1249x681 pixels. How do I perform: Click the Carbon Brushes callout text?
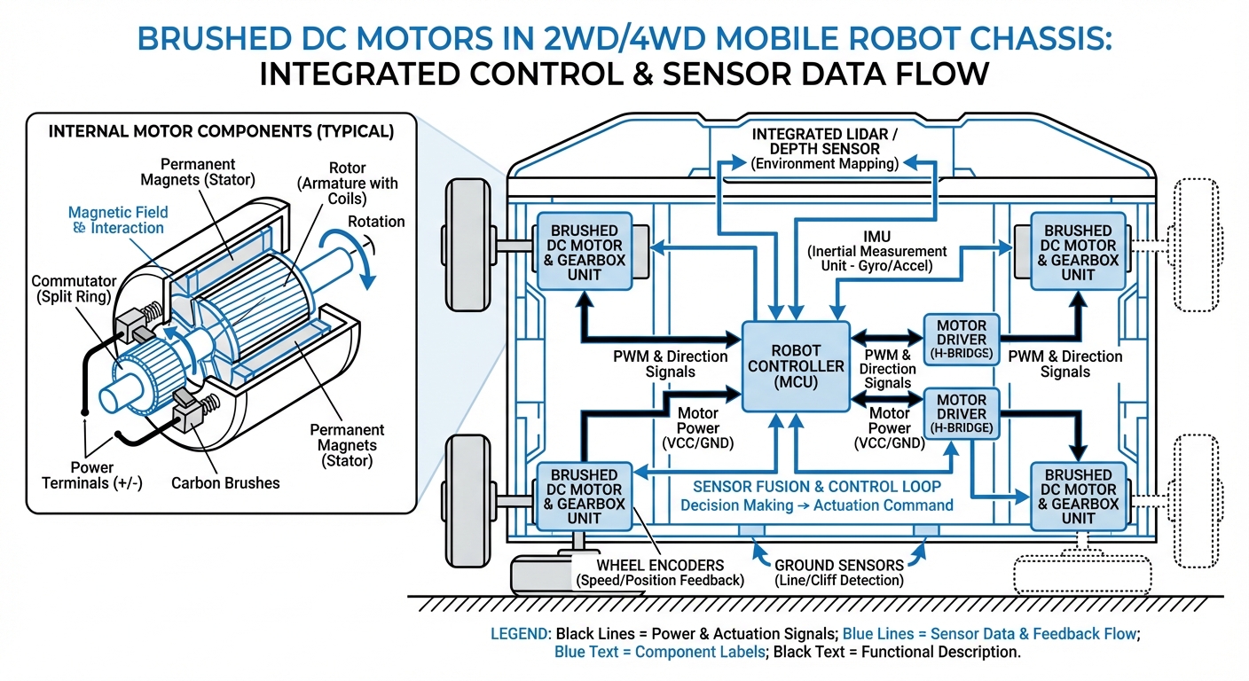225,483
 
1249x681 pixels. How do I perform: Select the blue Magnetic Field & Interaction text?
117,220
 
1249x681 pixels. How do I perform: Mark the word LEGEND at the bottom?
519,634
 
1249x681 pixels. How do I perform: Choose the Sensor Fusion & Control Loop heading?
816,487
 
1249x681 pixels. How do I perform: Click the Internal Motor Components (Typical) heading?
221,131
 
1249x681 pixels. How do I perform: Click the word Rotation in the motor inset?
376,222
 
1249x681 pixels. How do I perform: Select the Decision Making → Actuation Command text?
816,505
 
